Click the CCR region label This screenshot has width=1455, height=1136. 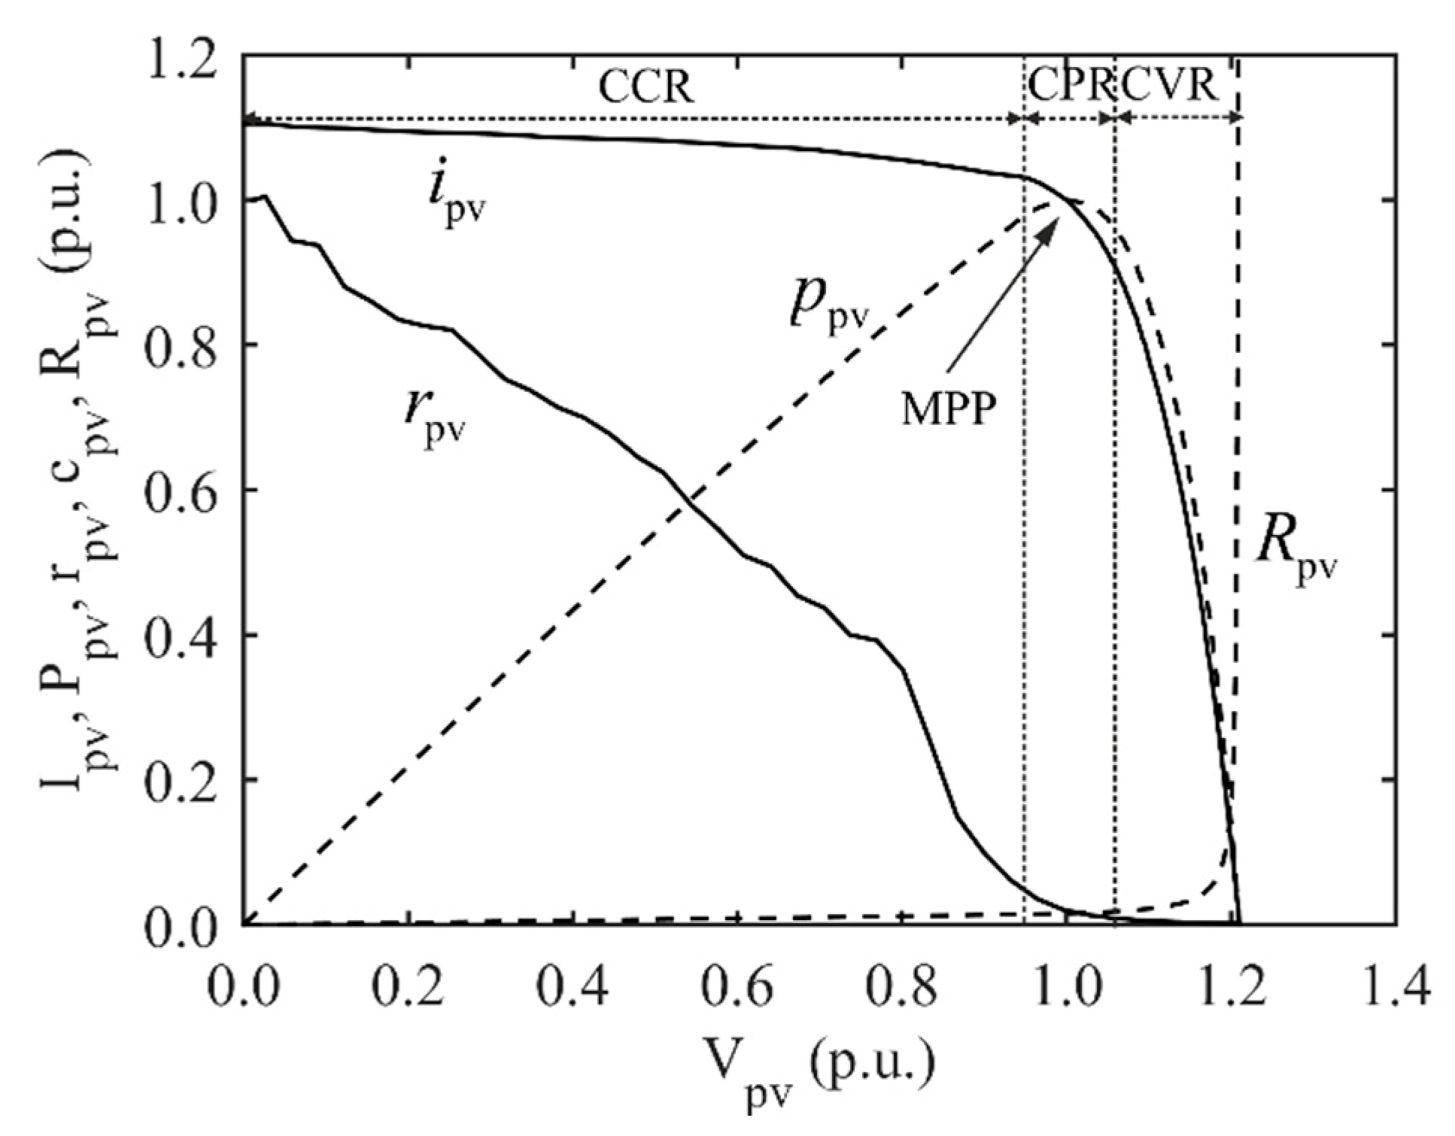(x=645, y=88)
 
